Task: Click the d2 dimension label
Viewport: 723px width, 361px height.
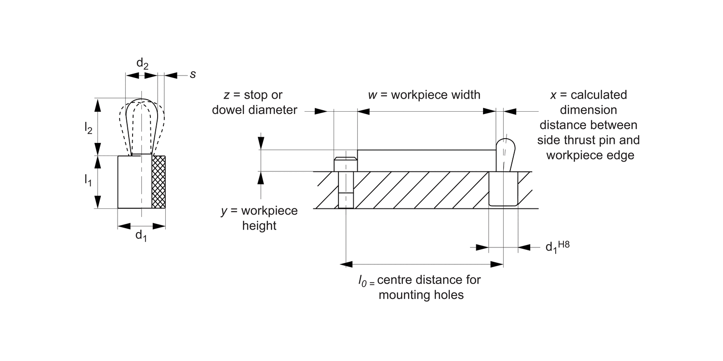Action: point(142,64)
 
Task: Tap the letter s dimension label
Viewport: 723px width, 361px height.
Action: point(193,75)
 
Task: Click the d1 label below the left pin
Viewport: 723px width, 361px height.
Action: point(141,236)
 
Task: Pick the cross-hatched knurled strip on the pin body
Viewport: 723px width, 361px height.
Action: point(159,182)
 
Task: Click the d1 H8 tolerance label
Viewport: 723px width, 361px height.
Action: point(557,246)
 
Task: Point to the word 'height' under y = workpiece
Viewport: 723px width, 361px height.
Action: point(259,226)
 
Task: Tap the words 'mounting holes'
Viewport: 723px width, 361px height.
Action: point(421,295)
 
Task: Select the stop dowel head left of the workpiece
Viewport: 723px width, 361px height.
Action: point(345,164)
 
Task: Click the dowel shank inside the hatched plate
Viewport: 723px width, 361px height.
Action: point(345,190)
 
